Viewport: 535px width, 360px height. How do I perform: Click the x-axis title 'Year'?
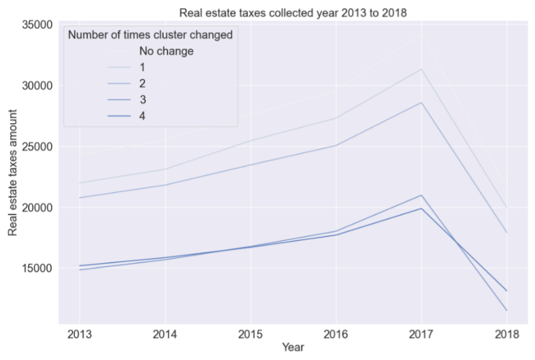(x=292, y=346)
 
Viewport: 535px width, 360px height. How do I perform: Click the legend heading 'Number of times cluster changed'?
(x=150, y=35)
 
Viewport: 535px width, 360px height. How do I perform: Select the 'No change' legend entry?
(x=166, y=51)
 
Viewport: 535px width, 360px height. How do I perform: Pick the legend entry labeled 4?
(x=143, y=116)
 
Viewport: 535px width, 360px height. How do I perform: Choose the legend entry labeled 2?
(x=143, y=83)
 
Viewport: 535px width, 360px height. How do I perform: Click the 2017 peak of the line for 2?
(x=421, y=102)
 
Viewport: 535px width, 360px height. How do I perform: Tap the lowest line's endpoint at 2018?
(x=506, y=310)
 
